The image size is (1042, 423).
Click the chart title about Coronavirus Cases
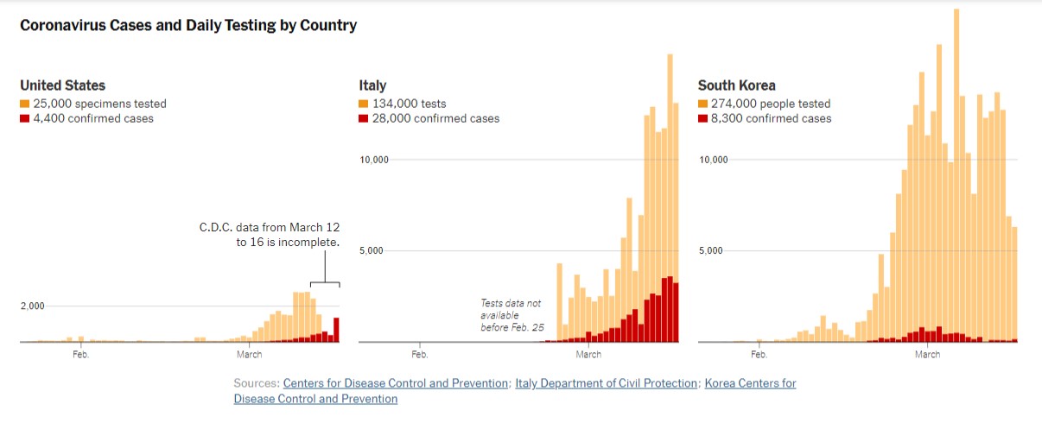[188, 25]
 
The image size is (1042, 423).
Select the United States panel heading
[62, 85]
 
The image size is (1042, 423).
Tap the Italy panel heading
[372, 85]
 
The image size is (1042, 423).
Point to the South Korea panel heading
[736, 85]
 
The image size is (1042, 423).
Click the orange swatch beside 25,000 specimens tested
[25, 104]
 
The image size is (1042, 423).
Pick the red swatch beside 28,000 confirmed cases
[364, 118]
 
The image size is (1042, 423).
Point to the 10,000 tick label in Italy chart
[374, 160]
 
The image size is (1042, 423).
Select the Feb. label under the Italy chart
[420, 354]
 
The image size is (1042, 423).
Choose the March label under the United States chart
[249, 354]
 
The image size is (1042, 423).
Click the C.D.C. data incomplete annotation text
[269, 235]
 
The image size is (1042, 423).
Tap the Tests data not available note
[511, 315]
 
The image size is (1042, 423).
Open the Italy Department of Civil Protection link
[606, 383]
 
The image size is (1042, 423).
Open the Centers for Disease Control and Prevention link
[396, 383]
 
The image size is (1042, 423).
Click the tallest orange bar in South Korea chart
[956, 173]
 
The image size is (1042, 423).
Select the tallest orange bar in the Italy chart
[670, 173]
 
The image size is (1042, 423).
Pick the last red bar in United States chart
[336, 330]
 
